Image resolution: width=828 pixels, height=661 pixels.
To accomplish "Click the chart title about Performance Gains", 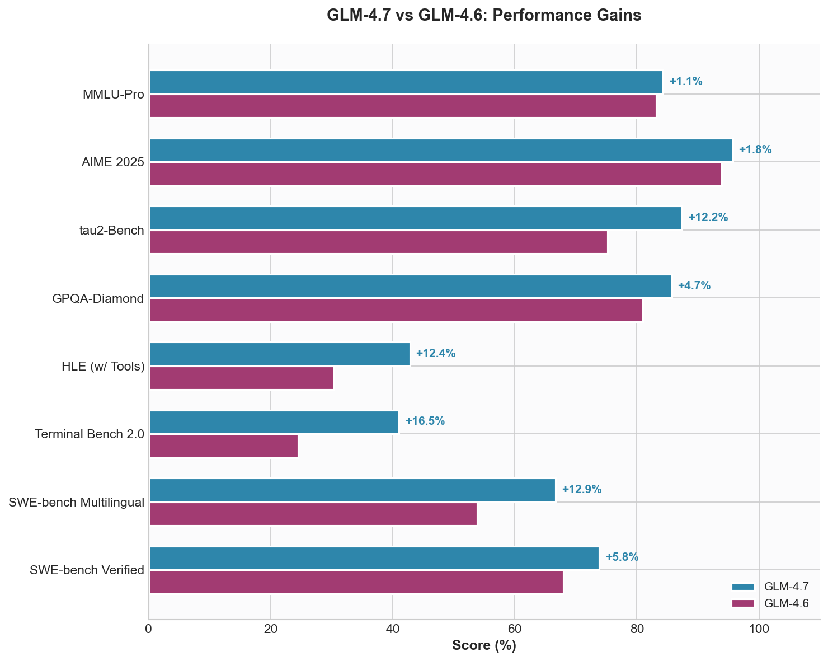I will tap(483, 16).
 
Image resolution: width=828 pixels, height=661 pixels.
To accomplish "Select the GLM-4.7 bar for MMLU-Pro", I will tap(406, 82).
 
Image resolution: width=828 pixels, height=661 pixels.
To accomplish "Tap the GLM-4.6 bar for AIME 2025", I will tap(435, 174).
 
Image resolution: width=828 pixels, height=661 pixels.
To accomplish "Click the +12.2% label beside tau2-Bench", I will tap(708, 218).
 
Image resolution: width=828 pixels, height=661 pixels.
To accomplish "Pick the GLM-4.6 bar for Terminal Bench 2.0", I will tap(223, 446).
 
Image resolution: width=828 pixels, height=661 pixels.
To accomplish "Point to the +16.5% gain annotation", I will tap(425, 421).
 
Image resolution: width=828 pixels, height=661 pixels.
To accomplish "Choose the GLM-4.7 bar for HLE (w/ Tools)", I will tap(279, 354).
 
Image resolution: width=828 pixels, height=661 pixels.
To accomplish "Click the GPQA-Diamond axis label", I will tap(98, 299).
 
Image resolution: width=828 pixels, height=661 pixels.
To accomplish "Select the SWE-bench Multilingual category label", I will tap(77, 503).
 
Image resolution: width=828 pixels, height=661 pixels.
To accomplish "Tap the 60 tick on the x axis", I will tap(515, 629).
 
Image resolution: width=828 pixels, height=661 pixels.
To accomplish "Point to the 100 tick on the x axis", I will tap(759, 629).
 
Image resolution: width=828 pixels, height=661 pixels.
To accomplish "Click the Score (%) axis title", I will tap(484, 646).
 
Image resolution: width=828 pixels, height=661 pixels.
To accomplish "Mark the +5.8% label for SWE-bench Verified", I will tap(622, 557).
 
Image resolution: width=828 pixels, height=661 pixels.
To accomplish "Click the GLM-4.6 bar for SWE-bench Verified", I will tap(356, 582).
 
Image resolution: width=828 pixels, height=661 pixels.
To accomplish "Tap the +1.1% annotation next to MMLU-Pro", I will tap(685, 82).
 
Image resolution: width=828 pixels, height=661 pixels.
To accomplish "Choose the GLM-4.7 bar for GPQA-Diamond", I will tap(410, 287).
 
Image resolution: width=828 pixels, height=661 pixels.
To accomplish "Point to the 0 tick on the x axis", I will tap(149, 629).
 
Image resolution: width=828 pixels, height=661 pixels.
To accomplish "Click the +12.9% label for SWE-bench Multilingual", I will tap(581, 490).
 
